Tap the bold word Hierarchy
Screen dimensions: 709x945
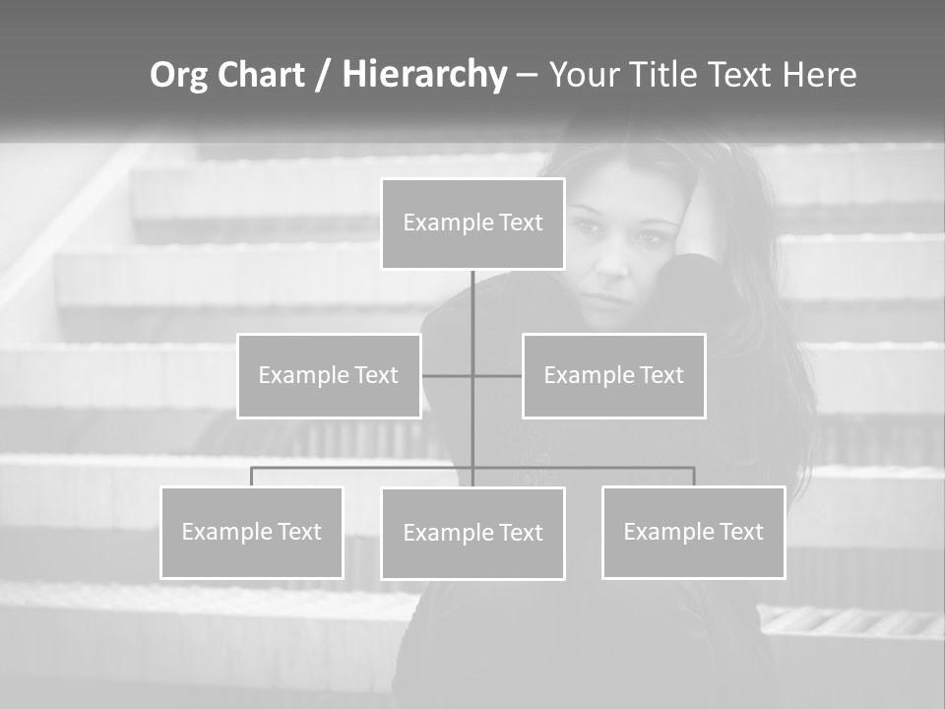tap(424, 75)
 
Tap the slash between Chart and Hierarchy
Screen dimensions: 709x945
tap(322, 76)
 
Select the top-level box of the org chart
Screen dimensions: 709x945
tap(472, 224)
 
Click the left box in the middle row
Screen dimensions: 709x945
tap(329, 375)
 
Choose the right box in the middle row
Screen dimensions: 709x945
tap(613, 375)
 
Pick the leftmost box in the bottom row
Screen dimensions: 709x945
tap(252, 532)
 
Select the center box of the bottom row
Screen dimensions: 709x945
tap(472, 533)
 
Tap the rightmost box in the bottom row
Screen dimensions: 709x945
tap(693, 532)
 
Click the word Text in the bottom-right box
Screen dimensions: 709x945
tap(740, 532)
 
